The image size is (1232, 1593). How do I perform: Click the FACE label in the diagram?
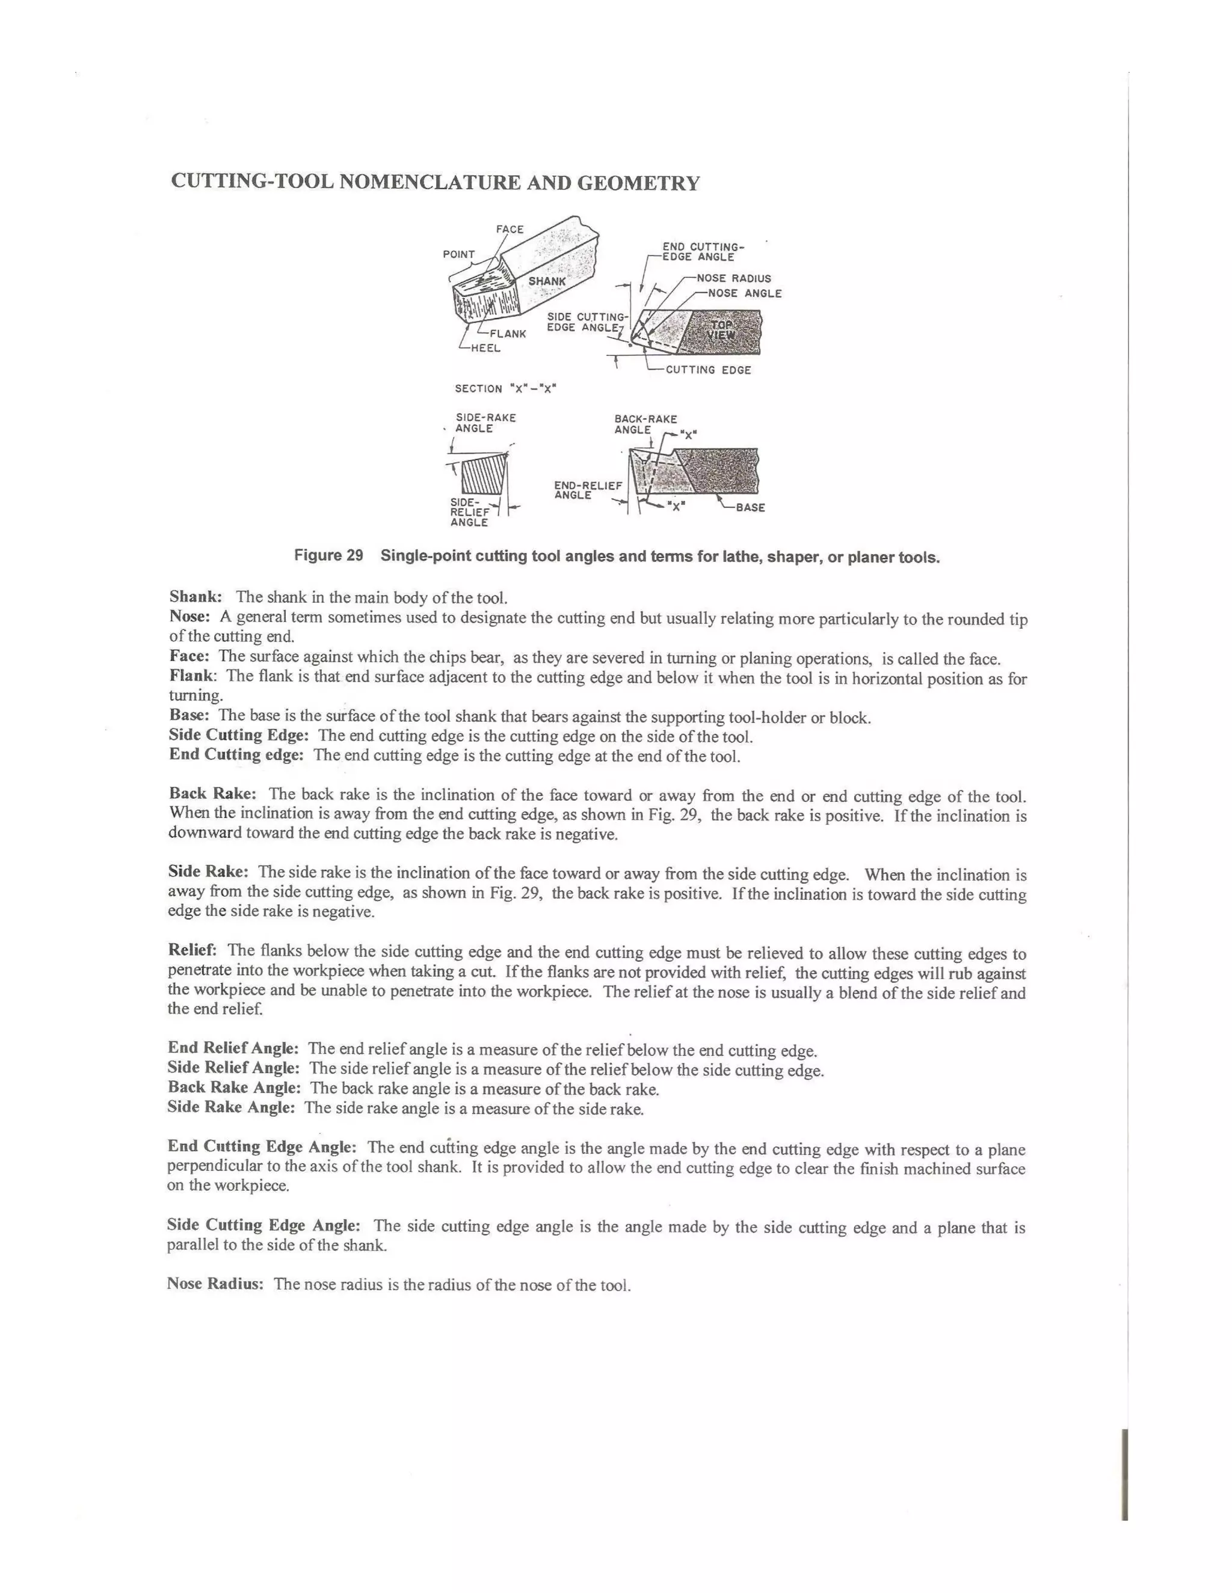pos(510,229)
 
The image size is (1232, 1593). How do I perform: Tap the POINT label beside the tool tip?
pos(458,254)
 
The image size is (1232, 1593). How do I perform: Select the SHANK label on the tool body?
pos(547,281)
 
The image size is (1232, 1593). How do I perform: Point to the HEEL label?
pos(485,348)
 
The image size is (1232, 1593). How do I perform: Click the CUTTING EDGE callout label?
pos(708,370)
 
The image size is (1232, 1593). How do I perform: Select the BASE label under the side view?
pos(750,508)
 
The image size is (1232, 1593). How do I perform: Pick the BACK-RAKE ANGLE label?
pos(645,424)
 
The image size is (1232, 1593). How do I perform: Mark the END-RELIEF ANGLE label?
pos(588,490)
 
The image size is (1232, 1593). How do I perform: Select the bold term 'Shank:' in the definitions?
pos(196,598)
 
